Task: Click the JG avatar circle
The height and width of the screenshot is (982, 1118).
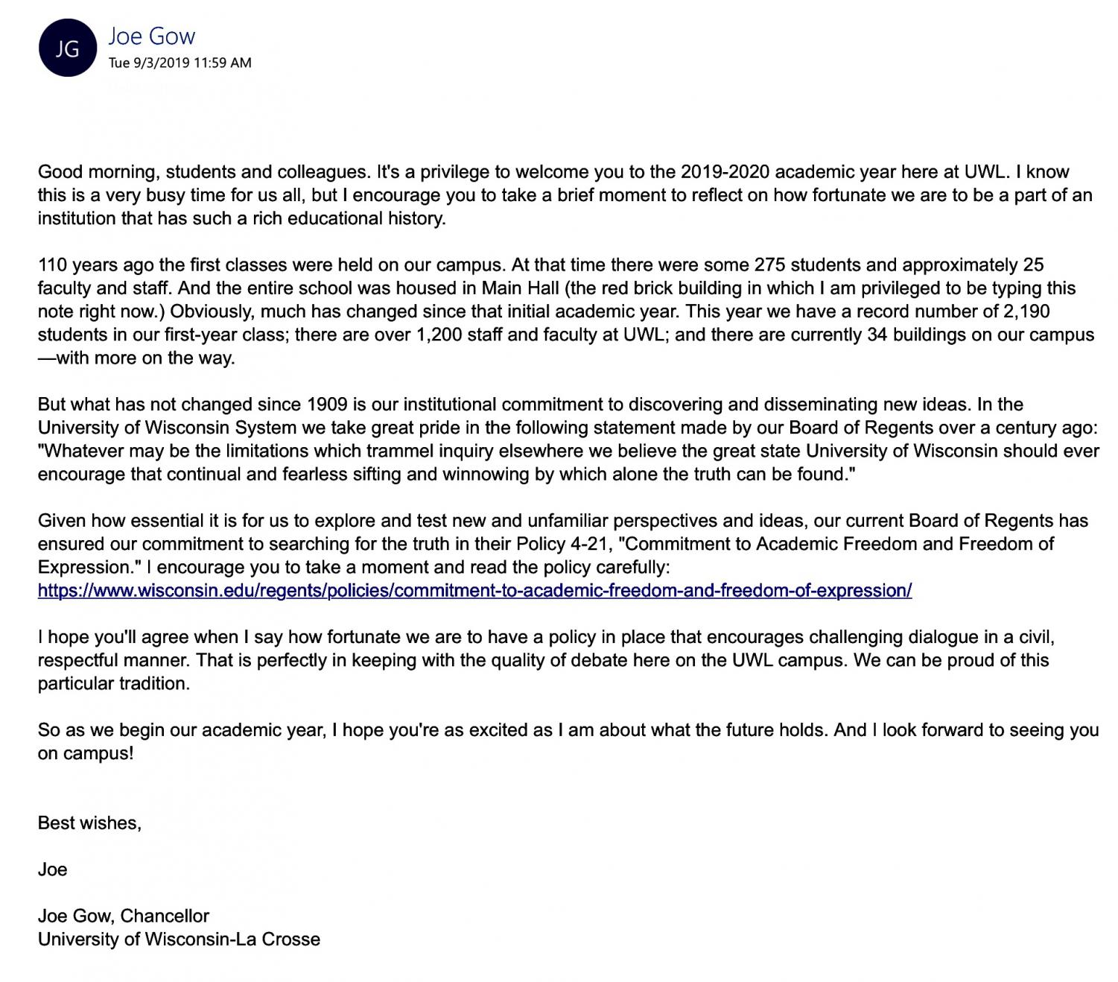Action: (x=67, y=48)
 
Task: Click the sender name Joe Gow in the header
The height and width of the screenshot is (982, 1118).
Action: (x=152, y=36)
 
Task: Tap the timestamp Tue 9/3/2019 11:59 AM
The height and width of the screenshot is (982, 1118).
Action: (x=180, y=63)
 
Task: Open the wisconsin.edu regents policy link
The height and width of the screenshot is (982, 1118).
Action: (x=474, y=591)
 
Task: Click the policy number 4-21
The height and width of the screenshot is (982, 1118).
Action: (x=589, y=544)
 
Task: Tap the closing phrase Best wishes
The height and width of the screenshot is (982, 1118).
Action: (x=89, y=823)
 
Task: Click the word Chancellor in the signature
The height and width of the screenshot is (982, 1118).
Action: (x=165, y=916)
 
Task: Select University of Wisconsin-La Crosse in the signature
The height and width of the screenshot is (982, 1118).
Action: (x=179, y=939)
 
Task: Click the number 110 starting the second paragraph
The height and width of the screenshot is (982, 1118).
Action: (x=52, y=264)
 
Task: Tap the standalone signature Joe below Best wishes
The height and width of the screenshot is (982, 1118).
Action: (x=52, y=869)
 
